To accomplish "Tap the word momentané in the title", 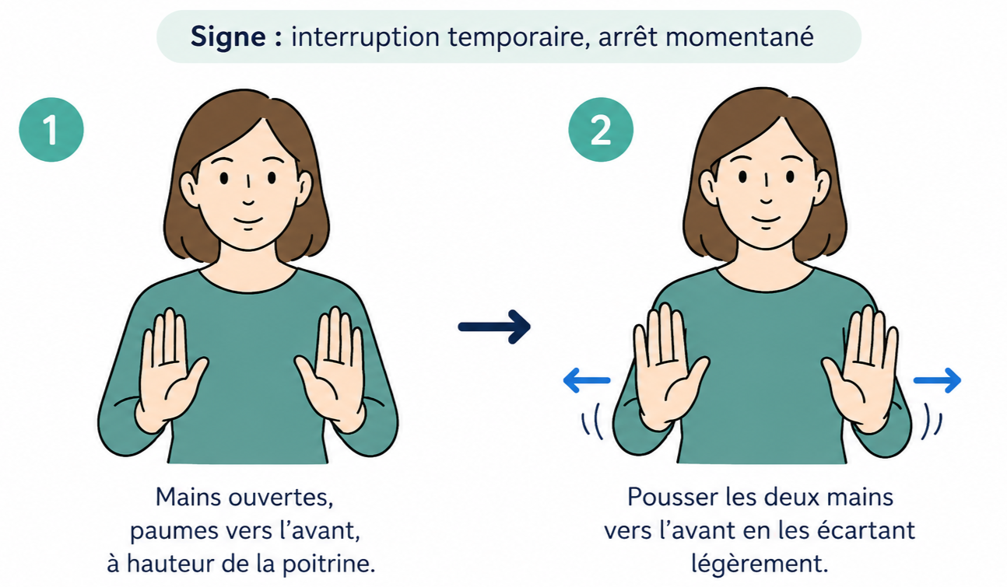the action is [x=739, y=37].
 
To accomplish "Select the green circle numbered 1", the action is [x=51, y=129].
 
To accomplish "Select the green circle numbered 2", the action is [x=601, y=129].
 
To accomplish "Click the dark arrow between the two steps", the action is [x=494, y=327].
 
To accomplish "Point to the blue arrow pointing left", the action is [x=587, y=380].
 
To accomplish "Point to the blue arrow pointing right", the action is [x=937, y=380].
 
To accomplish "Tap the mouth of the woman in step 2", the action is [x=766, y=219].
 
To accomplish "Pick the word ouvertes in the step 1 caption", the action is [x=280, y=498].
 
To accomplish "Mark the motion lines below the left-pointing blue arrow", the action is [x=592, y=421].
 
